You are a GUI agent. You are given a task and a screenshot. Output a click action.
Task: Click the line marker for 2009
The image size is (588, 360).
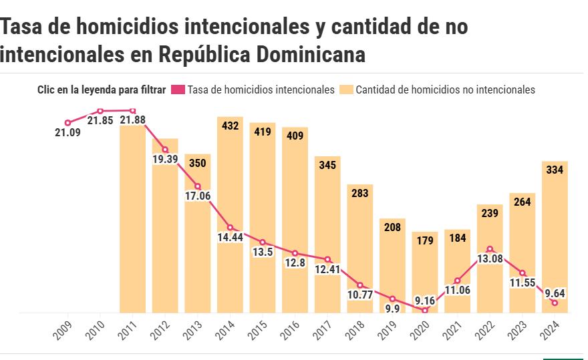(67, 123)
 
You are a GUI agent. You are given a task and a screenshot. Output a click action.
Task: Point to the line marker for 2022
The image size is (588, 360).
(490, 249)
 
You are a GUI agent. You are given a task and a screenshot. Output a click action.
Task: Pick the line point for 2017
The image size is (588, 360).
(327, 259)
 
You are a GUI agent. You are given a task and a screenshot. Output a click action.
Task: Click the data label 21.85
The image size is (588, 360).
(100, 120)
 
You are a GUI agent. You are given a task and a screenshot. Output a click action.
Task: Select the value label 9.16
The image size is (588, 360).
(424, 300)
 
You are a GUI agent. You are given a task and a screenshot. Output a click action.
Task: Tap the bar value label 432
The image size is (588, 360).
(230, 125)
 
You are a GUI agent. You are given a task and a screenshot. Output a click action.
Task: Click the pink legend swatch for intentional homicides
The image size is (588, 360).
(178, 89)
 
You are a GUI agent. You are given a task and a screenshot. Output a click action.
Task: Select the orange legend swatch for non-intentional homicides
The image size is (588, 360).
(345, 89)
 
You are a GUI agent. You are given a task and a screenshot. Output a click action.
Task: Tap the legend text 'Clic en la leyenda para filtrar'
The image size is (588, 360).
(102, 89)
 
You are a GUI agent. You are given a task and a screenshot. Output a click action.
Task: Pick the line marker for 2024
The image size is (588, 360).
(555, 303)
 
